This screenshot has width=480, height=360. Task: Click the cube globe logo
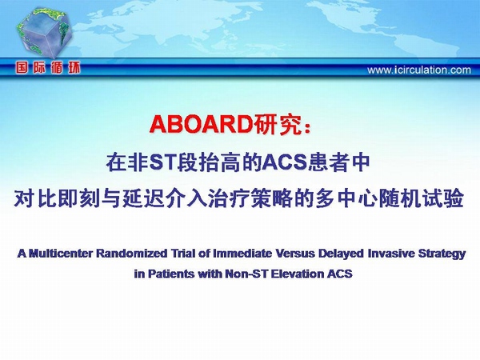(43, 33)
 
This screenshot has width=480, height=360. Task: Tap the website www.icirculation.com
(419, 70)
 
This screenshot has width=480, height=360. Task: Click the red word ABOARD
(201, 124)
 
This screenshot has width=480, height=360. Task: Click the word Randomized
(132, 254)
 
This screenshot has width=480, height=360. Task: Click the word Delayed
(341, 254)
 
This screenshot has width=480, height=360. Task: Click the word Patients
(171, 274)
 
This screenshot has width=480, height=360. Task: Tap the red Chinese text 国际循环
(48, 68)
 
